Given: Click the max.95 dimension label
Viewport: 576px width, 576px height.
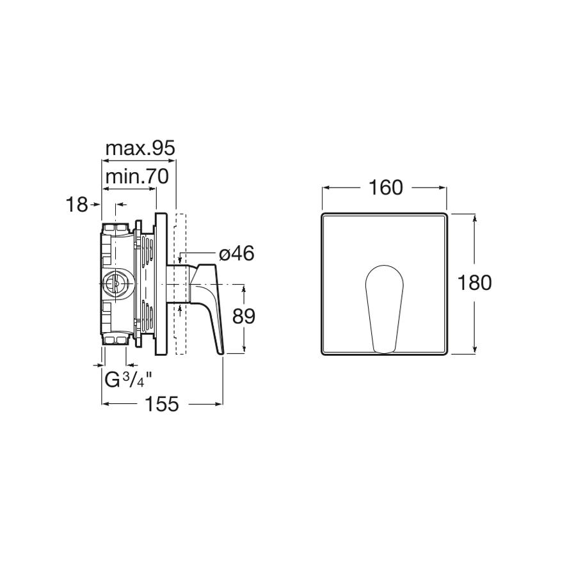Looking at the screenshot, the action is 140,148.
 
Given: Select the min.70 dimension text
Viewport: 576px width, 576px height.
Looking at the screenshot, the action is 137,177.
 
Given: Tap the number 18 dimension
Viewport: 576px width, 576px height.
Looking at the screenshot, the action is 77,205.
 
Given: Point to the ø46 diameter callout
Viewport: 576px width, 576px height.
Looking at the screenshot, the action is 237,253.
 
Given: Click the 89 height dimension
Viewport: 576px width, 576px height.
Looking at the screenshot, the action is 244,316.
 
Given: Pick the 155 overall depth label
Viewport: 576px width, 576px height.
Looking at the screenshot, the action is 162,404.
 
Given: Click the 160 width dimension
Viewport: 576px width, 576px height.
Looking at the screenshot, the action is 385,188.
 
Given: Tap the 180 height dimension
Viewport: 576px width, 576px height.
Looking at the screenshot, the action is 474,283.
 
